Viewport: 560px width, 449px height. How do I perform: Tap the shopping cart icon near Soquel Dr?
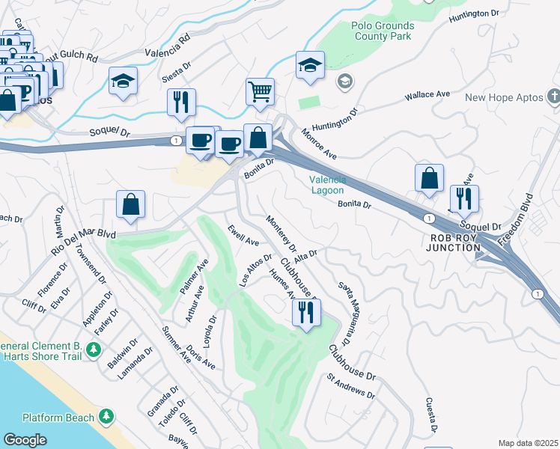(260, 92)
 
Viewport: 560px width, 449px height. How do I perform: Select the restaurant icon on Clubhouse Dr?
(305, 312)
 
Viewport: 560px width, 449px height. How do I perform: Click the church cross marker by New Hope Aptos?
(553, 97)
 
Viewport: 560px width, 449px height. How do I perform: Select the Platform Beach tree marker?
(107, 416)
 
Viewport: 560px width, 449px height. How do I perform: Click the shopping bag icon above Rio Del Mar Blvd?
(130, 204)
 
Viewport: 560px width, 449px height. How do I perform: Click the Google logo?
(25, 440)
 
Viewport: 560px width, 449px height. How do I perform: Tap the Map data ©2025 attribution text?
(528, 443)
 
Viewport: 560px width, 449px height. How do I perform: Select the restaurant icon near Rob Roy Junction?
(463, 199)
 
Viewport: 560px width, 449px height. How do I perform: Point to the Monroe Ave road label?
(319, 144)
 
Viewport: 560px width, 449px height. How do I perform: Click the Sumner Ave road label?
(177, 344)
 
